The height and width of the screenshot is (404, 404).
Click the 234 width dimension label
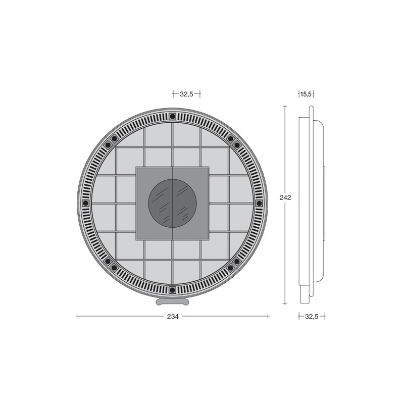(173, 317)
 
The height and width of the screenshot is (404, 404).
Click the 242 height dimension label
(285, 197)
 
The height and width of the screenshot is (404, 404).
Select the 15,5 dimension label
(306, 94)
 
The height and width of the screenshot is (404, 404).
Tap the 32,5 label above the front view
(186, 94)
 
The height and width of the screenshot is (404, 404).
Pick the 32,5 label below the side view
(312, 317)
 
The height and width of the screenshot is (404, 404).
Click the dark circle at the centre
(172, 204)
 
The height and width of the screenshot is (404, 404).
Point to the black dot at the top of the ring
(172, 117)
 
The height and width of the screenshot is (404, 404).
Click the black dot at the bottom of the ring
(172, 290)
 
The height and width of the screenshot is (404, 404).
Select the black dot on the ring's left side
(85, 204)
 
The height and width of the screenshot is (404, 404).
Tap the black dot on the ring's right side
(259, 204)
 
